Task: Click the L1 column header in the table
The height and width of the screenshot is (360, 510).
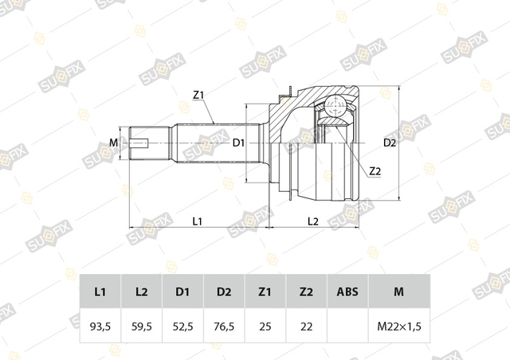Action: pyautogui.click(x=100, y=292)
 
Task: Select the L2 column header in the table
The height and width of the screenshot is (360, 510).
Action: pyautogui.click(x=142, y=292)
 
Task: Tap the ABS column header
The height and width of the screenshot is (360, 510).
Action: pyautogui.click(x=347, y=292)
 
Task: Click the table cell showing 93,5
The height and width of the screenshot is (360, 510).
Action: pyautogui.click(x=100, y=326)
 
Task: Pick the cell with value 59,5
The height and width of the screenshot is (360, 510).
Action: pyautogui.click(x=142, y=326)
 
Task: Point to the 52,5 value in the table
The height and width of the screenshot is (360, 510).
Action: pyautogui.click(x=182, y=326)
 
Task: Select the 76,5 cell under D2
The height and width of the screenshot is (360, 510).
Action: pyautogui.click(x=224, y=326)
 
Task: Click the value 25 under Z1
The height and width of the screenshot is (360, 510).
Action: pyautogui.click(x=265, y=326)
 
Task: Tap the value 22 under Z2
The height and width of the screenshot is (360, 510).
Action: pyautogui.click(x=306, y=326)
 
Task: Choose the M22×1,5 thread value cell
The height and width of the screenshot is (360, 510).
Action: pyautogui.click(x=399, y=326)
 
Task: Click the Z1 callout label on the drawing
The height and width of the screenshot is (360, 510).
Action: pyautogui.click(x=198, y=96)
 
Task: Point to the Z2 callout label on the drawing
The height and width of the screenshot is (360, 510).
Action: pyautogui.click(x=375, y=171)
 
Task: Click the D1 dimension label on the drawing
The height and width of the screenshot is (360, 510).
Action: pyautogui.click(x=238, y=143)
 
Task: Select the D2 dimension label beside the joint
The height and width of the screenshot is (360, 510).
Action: pyautogui.click(x=390, y=143)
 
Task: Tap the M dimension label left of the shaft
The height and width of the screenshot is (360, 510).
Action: pyautogui.click(x=113, y=143)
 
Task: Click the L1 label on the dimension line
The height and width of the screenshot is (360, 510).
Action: pyautogui.click(x=198, y=221)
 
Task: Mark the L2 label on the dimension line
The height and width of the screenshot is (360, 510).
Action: pyautogui.click(x=313, y=221)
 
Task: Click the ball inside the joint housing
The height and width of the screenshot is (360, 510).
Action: pyautogui.click(x=335, y=106)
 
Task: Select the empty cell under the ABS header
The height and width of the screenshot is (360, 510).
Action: pyautogui.click(x=347, y=326)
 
